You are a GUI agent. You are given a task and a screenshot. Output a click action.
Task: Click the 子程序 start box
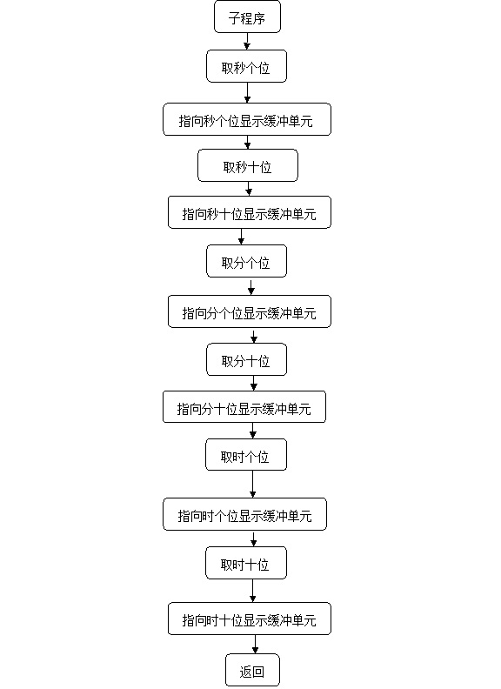[x=247, y=17]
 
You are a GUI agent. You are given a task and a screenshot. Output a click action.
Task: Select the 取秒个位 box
[x=246, y=66]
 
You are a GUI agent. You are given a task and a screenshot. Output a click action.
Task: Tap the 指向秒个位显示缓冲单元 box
[x=247, y=119]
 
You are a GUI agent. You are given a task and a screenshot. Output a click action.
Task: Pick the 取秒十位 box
[x=248, y=165]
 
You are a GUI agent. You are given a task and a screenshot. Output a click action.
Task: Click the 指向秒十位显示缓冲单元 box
[x=250, y=212]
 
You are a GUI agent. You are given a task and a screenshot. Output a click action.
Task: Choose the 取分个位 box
[x=246, y=262]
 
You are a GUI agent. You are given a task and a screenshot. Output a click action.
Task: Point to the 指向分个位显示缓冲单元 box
[x=250, y=311]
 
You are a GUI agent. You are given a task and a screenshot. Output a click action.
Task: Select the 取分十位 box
[x=246, y=360]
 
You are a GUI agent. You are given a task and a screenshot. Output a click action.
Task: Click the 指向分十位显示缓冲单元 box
[x=244, y=407]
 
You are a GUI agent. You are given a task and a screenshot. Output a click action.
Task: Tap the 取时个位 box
[x=246, y=455]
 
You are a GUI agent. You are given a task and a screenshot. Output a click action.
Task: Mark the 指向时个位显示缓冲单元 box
[x=244, y=514]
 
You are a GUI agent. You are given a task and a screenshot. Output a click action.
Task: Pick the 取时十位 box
[x=246, y=564]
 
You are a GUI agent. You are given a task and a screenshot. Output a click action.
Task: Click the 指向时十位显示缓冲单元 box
[x=250, y=619]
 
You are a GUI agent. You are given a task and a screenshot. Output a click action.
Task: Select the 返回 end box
[x=253, y=670]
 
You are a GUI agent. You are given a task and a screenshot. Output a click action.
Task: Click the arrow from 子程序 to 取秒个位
[x=247, y=41]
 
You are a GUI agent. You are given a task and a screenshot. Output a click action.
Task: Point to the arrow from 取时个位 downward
[x=253, y=485]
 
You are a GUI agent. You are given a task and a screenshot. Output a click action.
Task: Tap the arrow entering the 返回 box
[x=255, y=644]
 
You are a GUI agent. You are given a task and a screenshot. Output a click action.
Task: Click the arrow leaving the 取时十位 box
[x=253, y=591]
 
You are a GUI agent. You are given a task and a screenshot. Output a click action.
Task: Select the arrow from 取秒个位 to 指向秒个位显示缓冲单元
[x=247, y=93]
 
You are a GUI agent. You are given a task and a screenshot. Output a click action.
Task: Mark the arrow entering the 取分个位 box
[x=241, y=237]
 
